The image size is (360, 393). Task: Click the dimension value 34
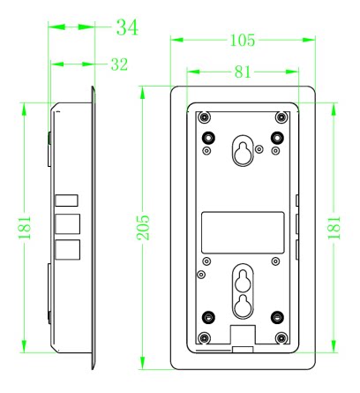[127, 27]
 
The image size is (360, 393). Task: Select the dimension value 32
[119, 64]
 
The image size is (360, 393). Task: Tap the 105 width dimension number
[243, 41]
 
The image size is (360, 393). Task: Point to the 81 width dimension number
[243, 72]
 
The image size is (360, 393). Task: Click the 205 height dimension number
[143, 228]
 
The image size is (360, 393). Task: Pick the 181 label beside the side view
[25, 228]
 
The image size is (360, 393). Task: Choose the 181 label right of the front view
[334, 228]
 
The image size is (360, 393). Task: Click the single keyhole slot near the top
[243, 150]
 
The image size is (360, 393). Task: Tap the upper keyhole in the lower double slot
[243, 280]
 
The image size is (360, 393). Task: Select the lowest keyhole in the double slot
[243, 306]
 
